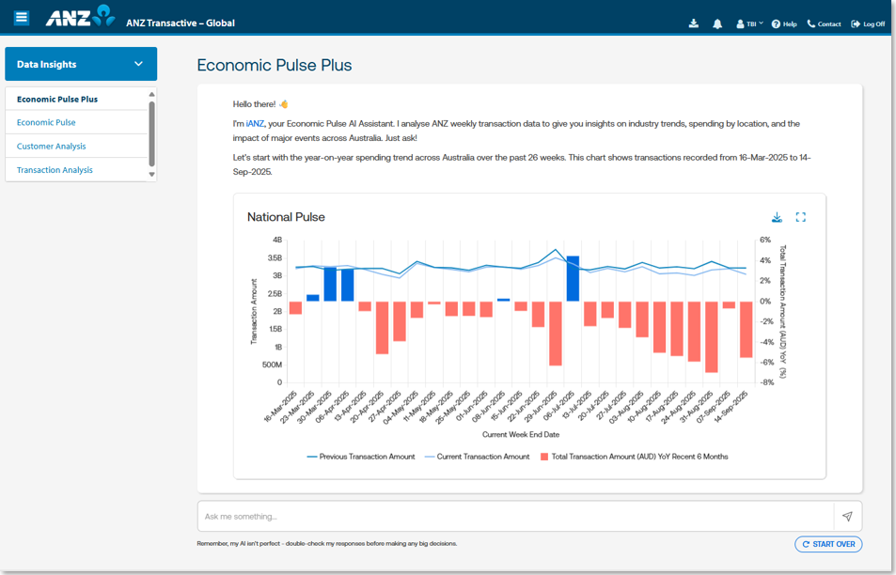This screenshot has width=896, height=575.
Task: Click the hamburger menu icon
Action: click(x=22, y=18)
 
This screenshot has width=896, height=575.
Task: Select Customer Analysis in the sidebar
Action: click(x=51, y=147)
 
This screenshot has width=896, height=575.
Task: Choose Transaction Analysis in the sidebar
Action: click(x=55, y=170)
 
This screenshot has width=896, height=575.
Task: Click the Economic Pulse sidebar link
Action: click(x=46, y=122)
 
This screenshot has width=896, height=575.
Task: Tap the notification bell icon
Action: click(x=718, y=23)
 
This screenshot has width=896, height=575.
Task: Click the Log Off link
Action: click(x=868, y=23)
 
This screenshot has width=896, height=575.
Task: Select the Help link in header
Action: click(x=784, y=23)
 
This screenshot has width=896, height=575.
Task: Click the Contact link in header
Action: click(x=824, y=23)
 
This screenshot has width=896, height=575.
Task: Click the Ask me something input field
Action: click(x=515, y=516)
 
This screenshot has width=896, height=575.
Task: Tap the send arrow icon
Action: click(x=847, y=516)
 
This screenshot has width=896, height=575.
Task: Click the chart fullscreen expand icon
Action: click(x=801, y=217)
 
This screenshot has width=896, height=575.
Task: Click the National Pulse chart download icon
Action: click(x=777, y=217)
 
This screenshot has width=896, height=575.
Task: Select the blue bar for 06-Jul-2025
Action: click(x=573, y=278)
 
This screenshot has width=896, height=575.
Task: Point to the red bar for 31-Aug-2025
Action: click(x=712, y=337)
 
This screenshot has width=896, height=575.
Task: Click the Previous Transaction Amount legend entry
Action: click(x=362, y=457)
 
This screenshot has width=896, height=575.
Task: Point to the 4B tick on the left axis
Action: click(x=276, y=241)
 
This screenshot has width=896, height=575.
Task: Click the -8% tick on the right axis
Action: click(x=766, y=382)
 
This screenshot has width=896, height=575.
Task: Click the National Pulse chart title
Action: click(x=286, y=217)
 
